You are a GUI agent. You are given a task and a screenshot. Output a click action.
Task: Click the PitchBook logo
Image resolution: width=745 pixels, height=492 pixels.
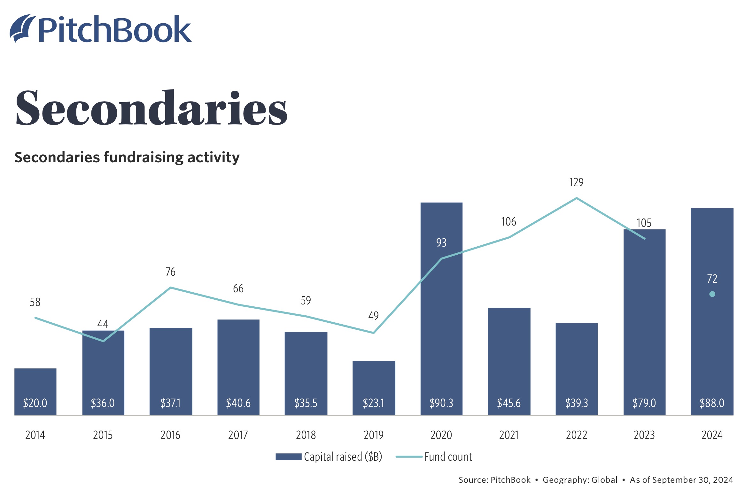[x=101, y=29]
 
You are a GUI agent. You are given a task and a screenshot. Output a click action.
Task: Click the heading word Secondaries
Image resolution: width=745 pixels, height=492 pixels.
[x=151, y=108]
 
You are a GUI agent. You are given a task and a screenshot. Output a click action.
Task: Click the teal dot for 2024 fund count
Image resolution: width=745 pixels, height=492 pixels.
[x=712, y=294]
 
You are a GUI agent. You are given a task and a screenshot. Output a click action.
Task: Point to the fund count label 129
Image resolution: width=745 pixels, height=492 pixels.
[x=576, y=182]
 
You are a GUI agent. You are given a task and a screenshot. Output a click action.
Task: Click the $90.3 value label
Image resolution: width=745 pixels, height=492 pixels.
[x=441, y=403]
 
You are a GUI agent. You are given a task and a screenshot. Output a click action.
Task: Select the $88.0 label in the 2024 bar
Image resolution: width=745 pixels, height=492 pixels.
[x=712, y=403]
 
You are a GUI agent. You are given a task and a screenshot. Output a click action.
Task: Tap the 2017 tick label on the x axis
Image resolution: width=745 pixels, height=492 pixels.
[x=238, y=435]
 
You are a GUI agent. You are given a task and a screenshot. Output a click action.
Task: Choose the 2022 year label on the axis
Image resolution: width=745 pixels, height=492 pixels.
[x=576, y=435]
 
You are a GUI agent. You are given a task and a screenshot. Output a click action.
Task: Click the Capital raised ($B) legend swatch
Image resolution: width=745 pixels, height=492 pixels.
[x=288, y=457]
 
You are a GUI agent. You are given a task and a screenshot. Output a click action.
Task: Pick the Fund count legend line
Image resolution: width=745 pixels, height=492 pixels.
[x=409, y=457]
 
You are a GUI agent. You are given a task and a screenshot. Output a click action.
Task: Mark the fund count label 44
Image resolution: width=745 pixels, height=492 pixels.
[x=103, y=324]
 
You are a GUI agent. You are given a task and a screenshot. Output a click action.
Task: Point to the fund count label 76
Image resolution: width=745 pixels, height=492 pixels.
[x=170, y=272]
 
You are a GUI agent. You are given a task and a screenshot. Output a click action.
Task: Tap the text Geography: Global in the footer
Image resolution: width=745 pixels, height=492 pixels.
[x=580, y=480]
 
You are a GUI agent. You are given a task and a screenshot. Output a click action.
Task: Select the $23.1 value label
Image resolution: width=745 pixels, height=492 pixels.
[x=373, y=403]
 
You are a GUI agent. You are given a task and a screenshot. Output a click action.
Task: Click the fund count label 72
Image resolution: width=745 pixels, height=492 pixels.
[x=712, y=279]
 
